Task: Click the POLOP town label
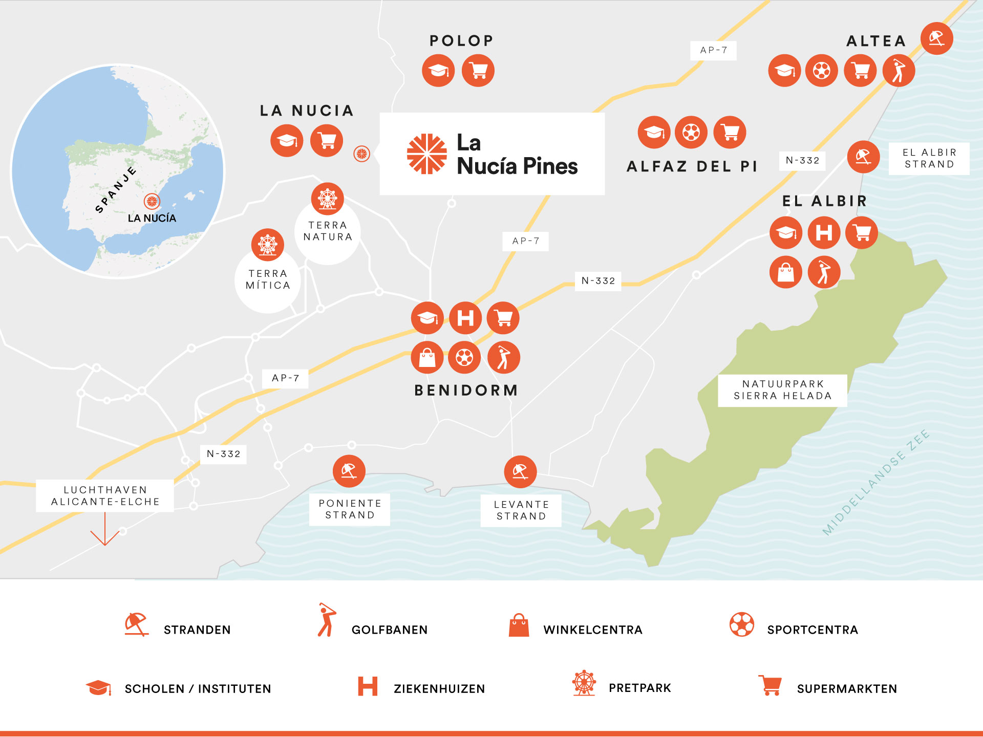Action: click(x=461, y=40)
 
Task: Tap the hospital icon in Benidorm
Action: click(x=465, y=318)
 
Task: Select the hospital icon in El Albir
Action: click(x=824, y=233)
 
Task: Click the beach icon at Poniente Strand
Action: click(x=349, y=471)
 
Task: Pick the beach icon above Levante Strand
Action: click(x=520, y=471)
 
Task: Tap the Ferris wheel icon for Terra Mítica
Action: click(x=268, y=245)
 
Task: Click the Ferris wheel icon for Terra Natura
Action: click(x=328, y=199)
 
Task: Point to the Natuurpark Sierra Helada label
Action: click(x=782, y=390)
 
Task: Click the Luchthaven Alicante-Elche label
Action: click(x=105, y=496)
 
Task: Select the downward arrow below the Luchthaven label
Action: click(x=105, y=532)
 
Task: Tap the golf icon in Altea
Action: click(x=899, y=71)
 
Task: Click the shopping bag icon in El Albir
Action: click(x=786, y=272)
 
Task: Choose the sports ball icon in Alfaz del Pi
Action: click(x=691, y=133)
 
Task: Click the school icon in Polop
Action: click(x=438, y=71)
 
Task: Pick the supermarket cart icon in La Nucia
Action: click(x=327, y=141)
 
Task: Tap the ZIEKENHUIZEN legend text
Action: click(x=439, y=689)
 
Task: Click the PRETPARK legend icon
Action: click(x=584, y=683)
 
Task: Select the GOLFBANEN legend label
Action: click(x=389, y=630)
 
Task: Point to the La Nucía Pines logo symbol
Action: click(x=426, y=154)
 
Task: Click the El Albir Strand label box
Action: click(x=929, y=159)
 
